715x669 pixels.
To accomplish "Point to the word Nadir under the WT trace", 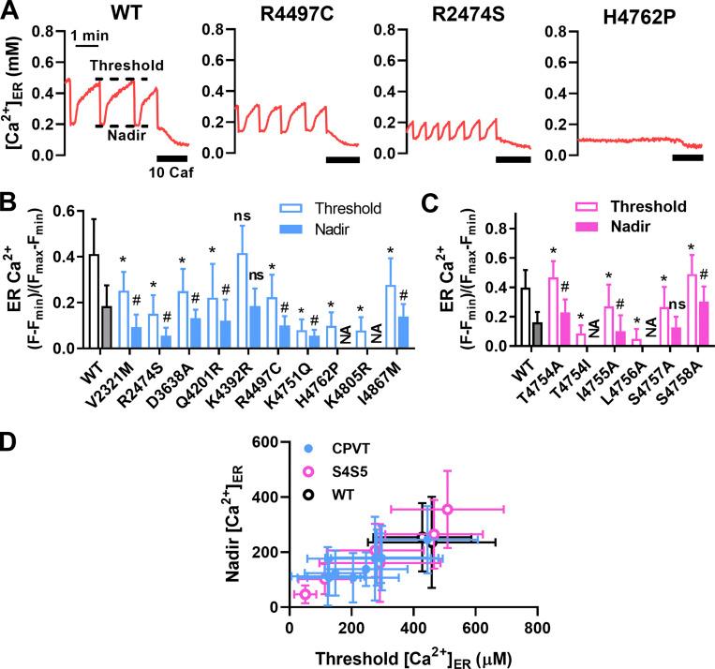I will [119, 139].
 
